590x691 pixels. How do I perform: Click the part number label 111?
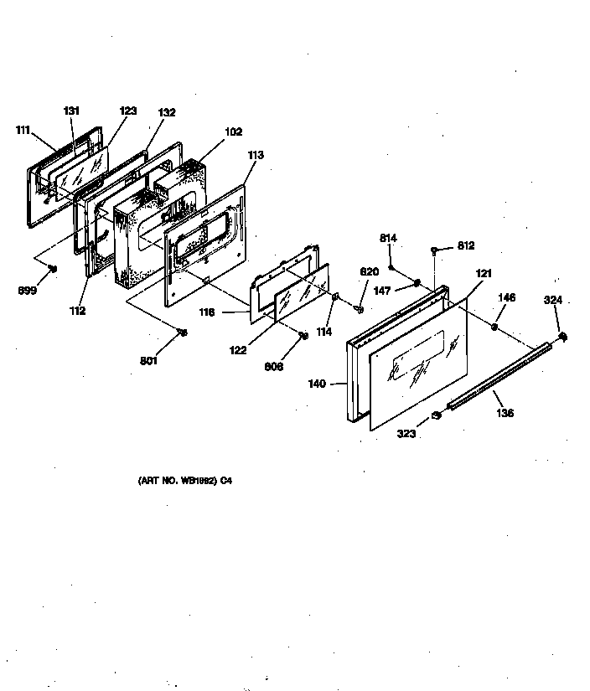pyautogui.click(x=23, y=130)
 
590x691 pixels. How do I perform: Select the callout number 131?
pyautogui.click(x=72, y=110)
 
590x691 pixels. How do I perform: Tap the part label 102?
pyautogui.click(x=233, y=131)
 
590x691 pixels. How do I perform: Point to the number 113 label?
pyautogui.click(x=255, y=155)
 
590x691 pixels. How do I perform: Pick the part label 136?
pyautogui.click(x=505, y=413)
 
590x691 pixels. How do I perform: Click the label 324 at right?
pyautogui.click(x=553, y=300)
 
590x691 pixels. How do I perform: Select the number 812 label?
pyautogui.click(x=466, y=246)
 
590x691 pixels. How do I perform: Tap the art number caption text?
pyautogui.click(x=184, y=482)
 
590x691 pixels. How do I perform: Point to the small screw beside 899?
pyautogui.click(x=53, y=269)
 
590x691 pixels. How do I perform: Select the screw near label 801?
pyautogui.click(x=182, y=333)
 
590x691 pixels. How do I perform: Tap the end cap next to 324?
pyautogui.click(x=562, y=338)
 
